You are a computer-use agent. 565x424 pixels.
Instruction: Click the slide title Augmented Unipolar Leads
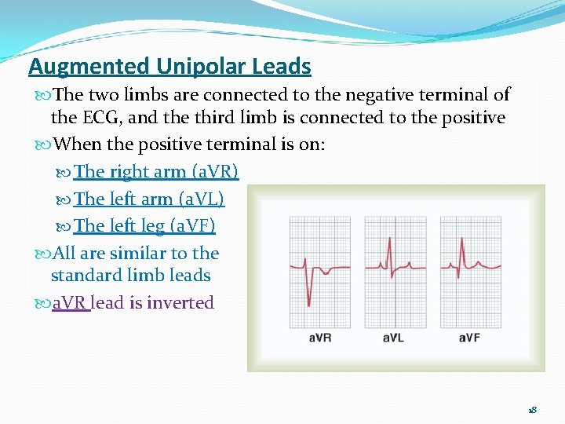tap(169, 67)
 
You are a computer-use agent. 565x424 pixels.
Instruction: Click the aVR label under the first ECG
tap(319, 338)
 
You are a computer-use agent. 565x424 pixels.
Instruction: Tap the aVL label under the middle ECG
tap(395, 338)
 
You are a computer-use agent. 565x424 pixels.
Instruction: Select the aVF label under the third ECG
tap(468, 338)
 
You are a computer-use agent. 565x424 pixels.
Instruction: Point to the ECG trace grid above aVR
tap(320, 272)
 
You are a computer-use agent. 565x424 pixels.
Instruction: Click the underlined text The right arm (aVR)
tap(156, 171)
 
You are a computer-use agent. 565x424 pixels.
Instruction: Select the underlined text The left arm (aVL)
tap(149, 199)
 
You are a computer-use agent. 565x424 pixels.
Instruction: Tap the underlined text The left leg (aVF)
tap(144, 226)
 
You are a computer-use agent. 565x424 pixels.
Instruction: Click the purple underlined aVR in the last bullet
tap(71, 303)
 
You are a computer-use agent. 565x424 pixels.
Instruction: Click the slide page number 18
tap(532, 411)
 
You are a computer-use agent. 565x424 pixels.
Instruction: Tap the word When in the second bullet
tap(78, 145)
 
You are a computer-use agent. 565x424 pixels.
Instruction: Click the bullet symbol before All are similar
tap(42, 254)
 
